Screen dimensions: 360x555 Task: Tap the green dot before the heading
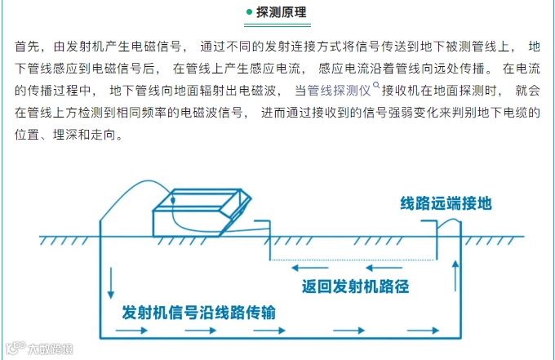coord(249,13)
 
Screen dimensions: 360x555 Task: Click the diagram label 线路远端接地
coord(446,203)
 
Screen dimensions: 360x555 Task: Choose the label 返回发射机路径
coord(354,287)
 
